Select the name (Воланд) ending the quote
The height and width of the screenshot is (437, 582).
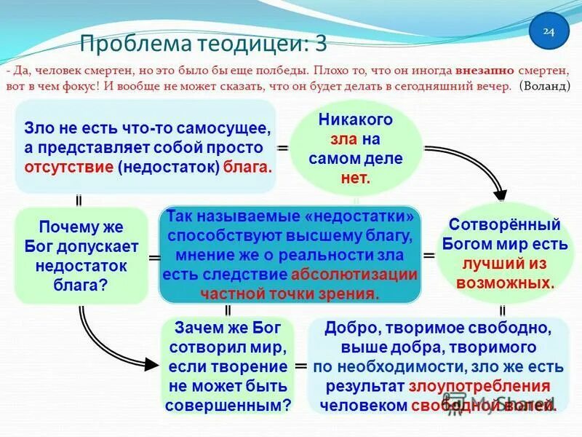(x=546, y=85)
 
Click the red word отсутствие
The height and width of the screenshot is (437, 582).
(x=70, y=167)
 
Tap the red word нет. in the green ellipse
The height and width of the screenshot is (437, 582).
(x=355, y=176)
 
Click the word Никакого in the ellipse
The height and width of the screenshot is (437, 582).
(x=355, y=119)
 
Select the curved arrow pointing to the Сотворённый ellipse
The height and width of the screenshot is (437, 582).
(x=473, y=164)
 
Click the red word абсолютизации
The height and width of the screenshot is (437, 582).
(x=354, y=275)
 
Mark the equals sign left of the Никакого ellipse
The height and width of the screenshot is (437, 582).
(x=282, y=148)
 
